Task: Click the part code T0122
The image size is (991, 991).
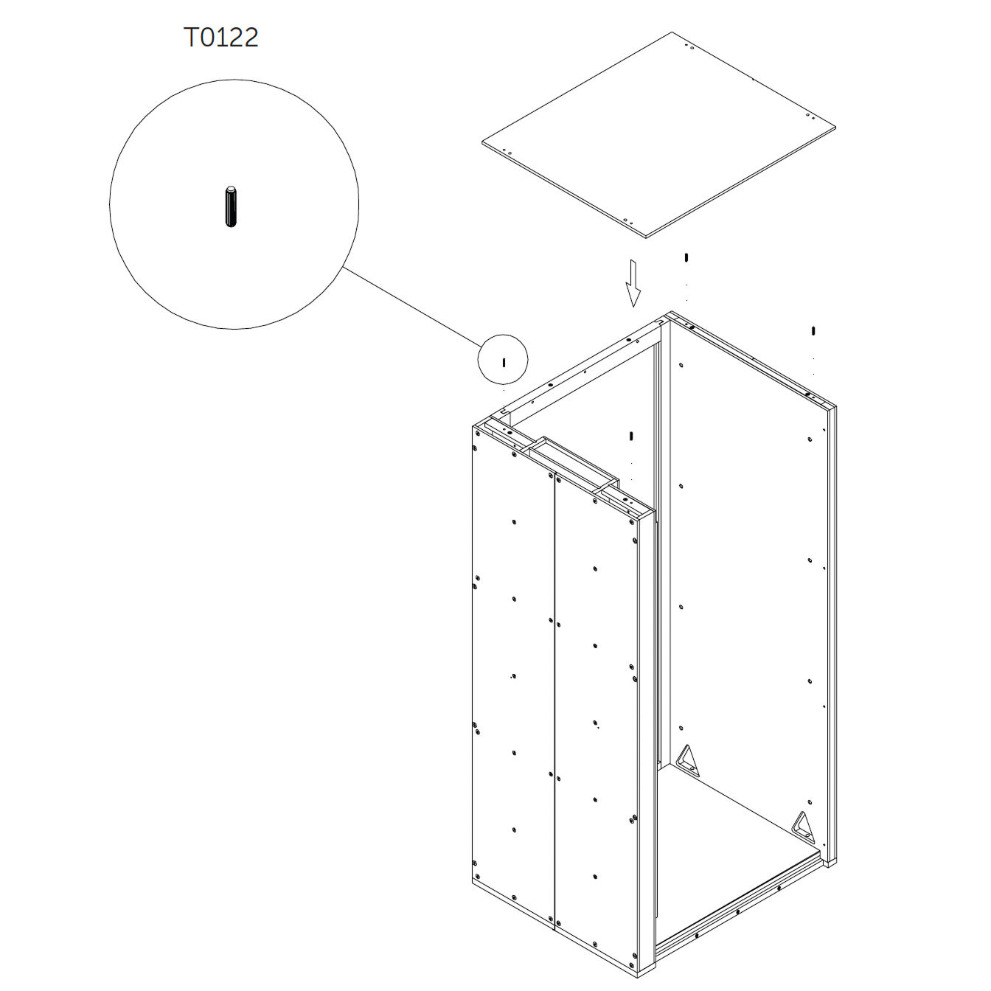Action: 221,38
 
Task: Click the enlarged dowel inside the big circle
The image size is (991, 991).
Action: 231,206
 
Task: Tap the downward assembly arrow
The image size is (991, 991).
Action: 633,283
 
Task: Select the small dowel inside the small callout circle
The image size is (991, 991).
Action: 504,363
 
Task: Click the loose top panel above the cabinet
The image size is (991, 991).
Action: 658,135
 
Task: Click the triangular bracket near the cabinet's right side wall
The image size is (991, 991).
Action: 803,827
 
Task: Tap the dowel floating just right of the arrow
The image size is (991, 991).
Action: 686,257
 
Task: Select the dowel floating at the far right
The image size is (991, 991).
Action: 813,330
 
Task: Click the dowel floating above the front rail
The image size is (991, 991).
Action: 631,436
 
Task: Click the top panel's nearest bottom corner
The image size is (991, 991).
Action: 646,237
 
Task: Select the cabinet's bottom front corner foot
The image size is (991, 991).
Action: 647,976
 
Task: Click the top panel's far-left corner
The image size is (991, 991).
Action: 482,142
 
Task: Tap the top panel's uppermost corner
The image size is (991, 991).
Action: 671,32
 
